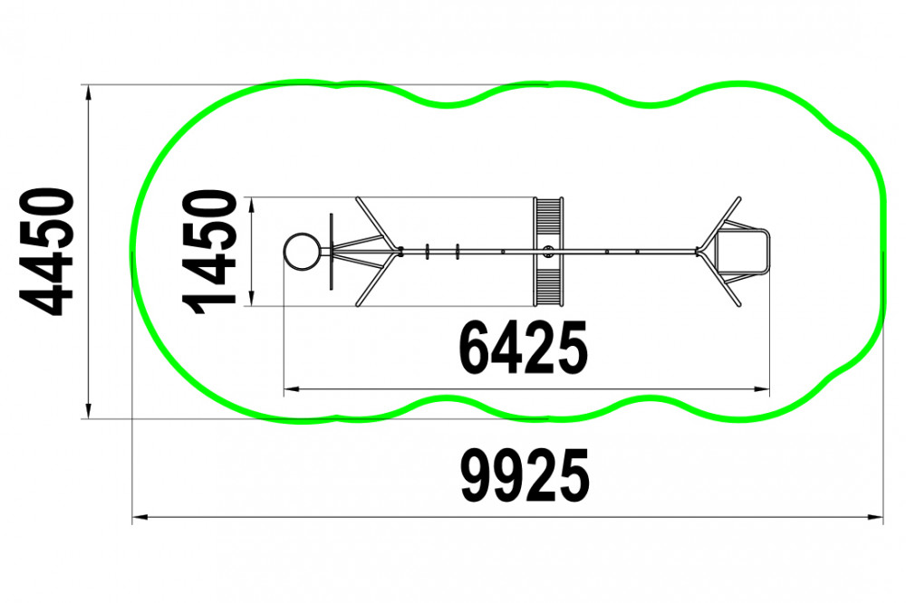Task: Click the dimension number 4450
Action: click(x=47, y=252)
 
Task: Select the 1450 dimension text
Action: click(x=209, y=252)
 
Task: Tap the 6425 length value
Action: click(x=523, y=348)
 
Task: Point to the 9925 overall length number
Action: click(x=525, y=474)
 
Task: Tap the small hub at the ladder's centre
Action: click(x=548, y=252)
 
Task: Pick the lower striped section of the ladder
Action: click(x=548, y=287)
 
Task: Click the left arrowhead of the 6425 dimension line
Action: click(x=291, y=389)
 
